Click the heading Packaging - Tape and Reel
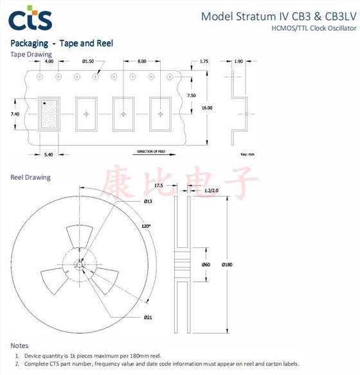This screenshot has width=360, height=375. [62, 44]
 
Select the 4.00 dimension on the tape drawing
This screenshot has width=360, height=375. [49, 61]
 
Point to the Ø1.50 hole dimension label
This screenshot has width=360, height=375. [88, 61]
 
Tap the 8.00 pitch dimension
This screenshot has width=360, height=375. [141, 61]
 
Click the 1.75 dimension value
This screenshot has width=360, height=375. [204, 61]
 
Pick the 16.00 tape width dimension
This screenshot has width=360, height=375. [206, 108]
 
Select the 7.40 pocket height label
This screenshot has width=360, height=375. [16, 113]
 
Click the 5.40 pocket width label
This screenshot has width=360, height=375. [50, 154]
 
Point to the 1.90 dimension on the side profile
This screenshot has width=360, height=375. [239, 61]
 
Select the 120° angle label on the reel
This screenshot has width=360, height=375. [146, 225]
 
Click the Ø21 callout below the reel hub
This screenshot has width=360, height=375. [147, 318]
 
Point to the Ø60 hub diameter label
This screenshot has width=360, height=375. [206, 265]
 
